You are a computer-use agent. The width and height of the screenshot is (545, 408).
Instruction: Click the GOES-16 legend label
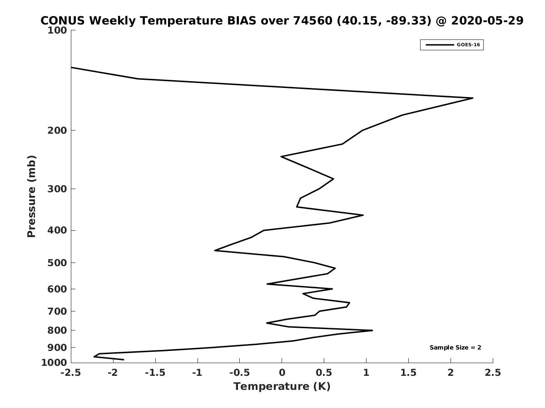click(468, 45)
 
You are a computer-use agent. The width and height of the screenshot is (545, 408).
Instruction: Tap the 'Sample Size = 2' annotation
click(456, 347)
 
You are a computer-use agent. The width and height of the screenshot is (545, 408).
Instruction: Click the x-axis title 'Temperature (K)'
click(282, 386)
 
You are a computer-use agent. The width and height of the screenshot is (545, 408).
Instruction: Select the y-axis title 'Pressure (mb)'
click(31, 196)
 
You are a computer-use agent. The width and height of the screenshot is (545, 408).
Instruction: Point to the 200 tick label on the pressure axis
click(57, 130)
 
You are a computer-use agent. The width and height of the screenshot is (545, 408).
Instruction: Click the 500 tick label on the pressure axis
click(57, 262)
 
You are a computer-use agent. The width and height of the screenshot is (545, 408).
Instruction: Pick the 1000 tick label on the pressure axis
click(54, 363)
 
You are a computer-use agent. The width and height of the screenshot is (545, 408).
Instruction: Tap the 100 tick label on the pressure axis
click(57, 30)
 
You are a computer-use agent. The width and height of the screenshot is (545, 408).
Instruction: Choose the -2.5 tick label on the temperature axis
click(71, 373)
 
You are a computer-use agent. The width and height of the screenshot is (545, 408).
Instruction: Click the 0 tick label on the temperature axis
click(282, 373)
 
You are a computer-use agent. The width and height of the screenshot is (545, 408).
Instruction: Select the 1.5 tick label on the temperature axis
click(408, 373)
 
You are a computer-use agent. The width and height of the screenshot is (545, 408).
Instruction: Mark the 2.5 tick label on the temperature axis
click(493, 373)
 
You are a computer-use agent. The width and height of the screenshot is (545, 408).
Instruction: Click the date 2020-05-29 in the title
click(487, 20)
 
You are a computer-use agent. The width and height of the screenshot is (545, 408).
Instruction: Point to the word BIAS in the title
click(241, 20)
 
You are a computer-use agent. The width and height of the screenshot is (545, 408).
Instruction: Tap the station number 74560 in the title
click(312, 20)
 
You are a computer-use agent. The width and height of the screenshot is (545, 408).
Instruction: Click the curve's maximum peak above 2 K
click(472, 98)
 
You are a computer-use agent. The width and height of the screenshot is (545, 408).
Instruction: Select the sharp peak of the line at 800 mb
click(372, 330)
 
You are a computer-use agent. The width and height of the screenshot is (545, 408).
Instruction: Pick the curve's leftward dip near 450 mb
click(215, 250)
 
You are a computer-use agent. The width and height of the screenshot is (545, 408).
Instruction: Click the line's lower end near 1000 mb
click(124, 359)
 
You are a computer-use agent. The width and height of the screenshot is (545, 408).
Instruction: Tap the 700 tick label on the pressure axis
click(57, 311)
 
